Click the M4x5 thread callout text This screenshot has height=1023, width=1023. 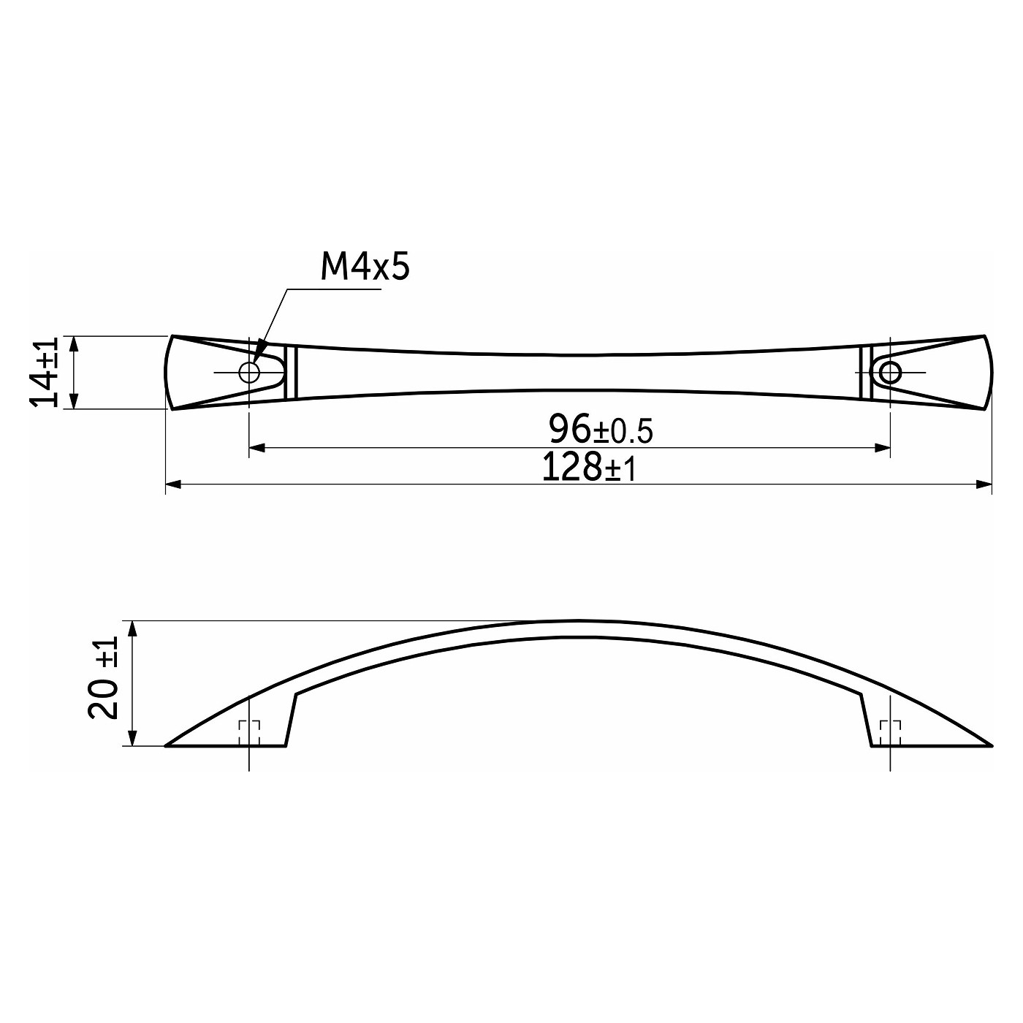click(x=365, y=268)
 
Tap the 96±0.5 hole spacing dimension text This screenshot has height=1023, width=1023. click(x=601, y=430)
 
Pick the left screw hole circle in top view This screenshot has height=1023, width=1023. click(x=249, y=372)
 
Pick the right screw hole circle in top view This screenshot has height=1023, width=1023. click(x=890, y=372)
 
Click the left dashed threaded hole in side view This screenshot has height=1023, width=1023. click(x=249, y=733)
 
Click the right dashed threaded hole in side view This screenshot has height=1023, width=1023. click(x=890, y=733)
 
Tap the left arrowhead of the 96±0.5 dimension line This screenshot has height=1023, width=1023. click(x=257, y=448)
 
